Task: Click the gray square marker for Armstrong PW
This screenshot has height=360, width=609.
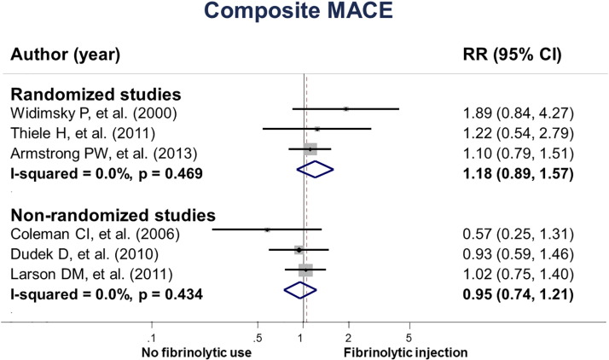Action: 311,148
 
